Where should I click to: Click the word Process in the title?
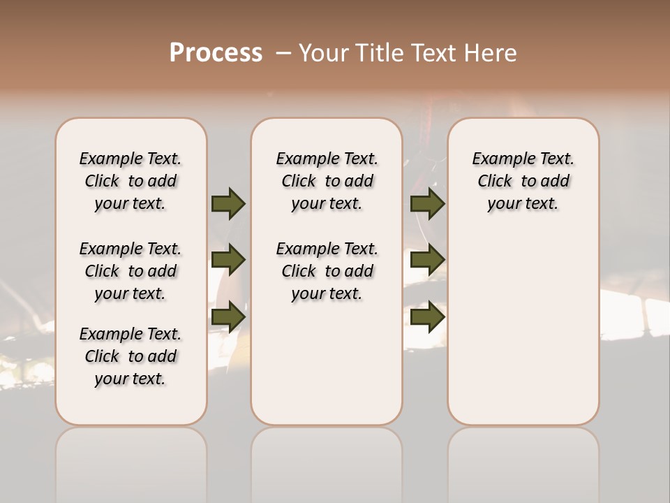click(216, 53)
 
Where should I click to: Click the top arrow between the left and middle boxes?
click(228, 204)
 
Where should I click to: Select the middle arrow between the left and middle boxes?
click(228, 261)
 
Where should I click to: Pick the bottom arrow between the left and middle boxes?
click(228, 316)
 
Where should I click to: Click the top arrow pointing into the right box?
click(427, 204)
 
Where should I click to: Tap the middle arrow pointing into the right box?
click(427, 261)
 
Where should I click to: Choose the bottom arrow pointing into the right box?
click(427, 316)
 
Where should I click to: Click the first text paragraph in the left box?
click(131, 181)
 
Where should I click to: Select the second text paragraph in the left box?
click(131, 271)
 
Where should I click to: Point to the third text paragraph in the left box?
click(131, 356)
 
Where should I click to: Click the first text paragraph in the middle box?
click(327, 181)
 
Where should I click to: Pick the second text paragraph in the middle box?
click(327, 271)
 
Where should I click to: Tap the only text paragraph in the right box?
click(523, 181)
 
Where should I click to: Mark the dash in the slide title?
click(283, 53)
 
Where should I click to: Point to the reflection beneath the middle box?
click(327, 461)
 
